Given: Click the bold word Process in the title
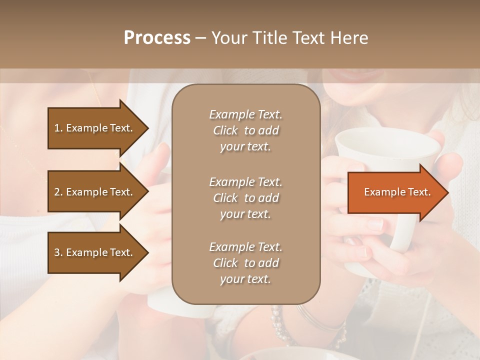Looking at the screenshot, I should (x=157, y=38).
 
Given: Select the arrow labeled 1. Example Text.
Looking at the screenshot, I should (x=95, y=128).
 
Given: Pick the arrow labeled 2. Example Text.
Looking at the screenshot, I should (x=95, y=192).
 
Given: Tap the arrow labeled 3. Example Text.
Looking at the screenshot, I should (x=95, y=252).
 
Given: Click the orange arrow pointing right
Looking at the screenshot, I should (x=395, y=192).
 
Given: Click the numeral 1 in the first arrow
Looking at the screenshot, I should (x=57, y=128).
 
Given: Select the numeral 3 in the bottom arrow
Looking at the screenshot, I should (x=57, y=252).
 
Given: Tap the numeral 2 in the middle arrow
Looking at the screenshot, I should (x=57, y=192).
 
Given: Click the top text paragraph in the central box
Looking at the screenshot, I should (x=245, y=130).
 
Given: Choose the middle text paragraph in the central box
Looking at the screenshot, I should (x=245, y=198).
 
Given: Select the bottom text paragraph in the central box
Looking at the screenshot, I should (x=245, y=263).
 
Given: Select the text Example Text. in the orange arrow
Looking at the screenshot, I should (x=397, y=192).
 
